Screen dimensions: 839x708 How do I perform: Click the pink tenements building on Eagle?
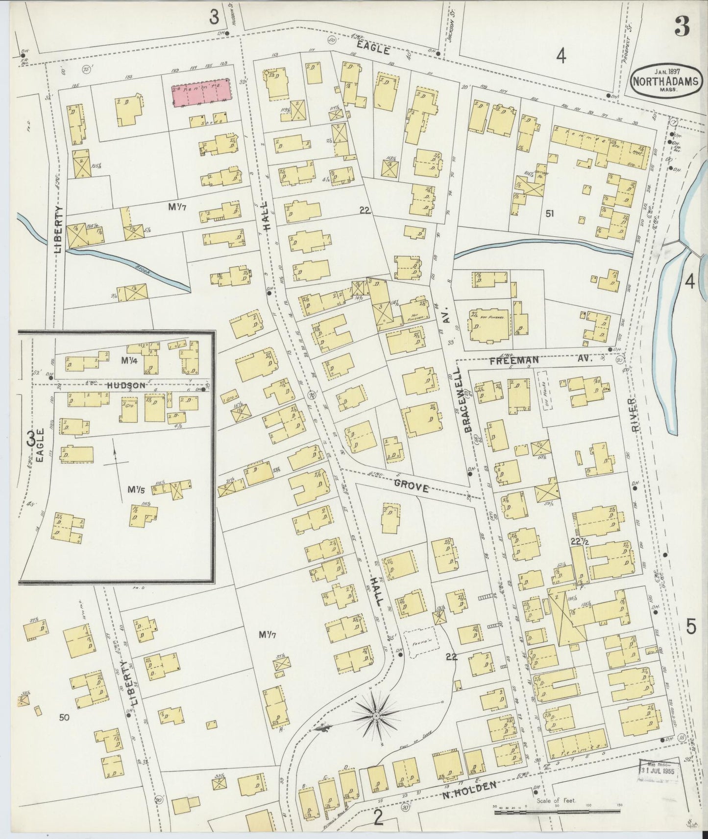tap(200, 92)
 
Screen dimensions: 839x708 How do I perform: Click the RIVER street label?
tap(636, 414)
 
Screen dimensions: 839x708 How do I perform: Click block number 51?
tap(550, 213)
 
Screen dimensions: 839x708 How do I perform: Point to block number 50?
tap(63, 718)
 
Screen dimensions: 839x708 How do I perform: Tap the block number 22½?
tap(579, 541)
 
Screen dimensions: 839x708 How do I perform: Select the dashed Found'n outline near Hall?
tap(419, 641)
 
